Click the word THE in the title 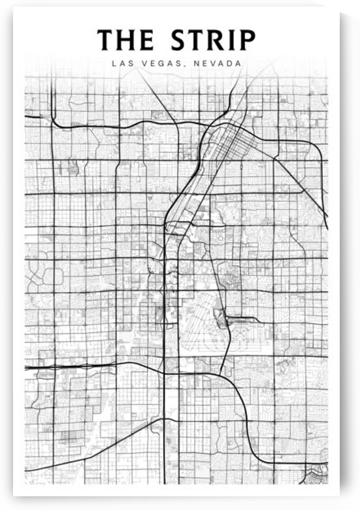tap(125, 40)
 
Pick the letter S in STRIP tap(179, 40)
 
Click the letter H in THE tap(126, 40)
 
